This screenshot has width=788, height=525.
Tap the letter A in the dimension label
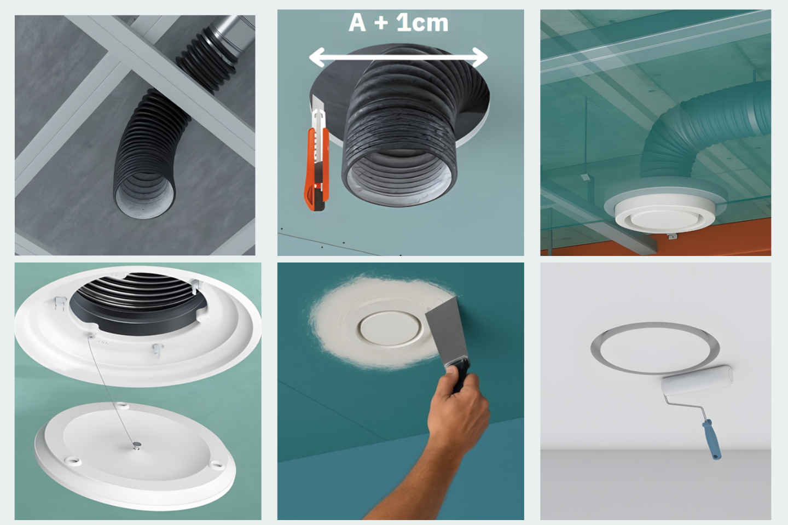(x=357, y=23)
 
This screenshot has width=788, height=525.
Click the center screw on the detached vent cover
(x=135, y=446)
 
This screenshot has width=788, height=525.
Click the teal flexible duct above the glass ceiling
(x=706, y=131)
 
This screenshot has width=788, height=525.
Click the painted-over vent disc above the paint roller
(x=654, y=348)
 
